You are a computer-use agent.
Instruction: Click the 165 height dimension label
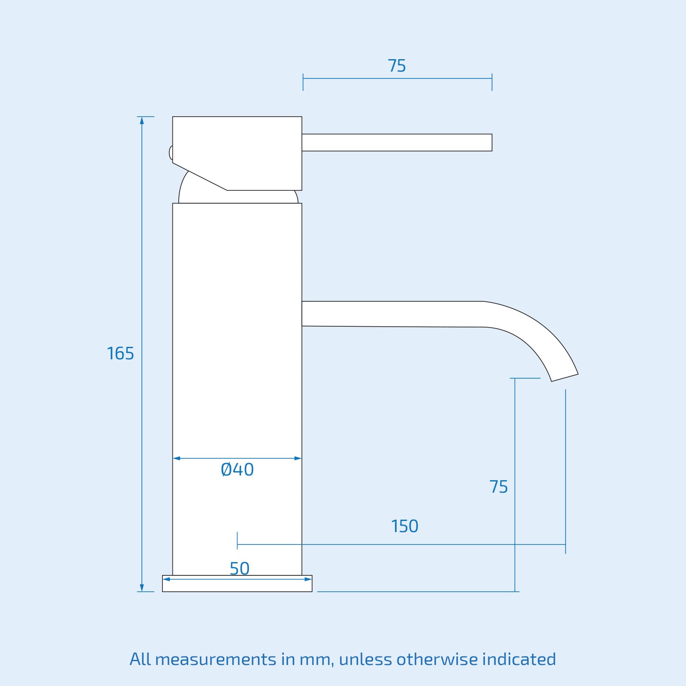(120, 354)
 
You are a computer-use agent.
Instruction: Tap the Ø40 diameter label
(237, 470)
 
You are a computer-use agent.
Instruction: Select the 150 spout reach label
(405, 526)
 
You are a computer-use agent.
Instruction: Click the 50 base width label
(239, 569)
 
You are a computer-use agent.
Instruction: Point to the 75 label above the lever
(397, 66)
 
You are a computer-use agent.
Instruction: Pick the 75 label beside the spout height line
(499, 487)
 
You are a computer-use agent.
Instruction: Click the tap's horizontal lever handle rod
(397, 142)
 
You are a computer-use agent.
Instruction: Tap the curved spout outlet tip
(565, 377)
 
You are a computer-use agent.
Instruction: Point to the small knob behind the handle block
(171, 153)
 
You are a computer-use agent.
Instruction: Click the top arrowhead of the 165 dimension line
(142, 120)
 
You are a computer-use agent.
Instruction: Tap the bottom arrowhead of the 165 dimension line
(142, 588)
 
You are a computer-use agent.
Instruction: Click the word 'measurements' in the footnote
(216, 659)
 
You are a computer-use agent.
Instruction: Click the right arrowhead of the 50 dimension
(308, 579)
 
